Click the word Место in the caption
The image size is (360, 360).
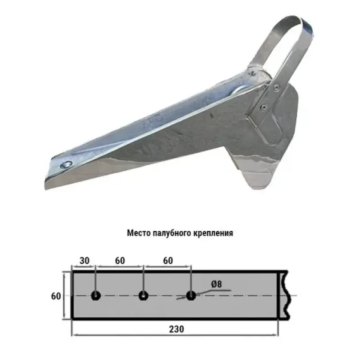(x=139, y=234)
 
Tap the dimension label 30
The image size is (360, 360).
(x=84, y=261)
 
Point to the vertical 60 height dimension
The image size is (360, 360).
(x=56, y=296)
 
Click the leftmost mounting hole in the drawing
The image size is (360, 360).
(x=95, y=296)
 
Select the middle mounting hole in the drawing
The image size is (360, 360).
(x=143, y=296)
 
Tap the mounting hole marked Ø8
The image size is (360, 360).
(x=191, y=296)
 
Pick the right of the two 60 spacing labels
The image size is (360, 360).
(x=167, y=261)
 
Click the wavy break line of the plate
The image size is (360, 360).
(x=284, y=295)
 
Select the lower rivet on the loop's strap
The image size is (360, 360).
(x=263, y=107)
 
